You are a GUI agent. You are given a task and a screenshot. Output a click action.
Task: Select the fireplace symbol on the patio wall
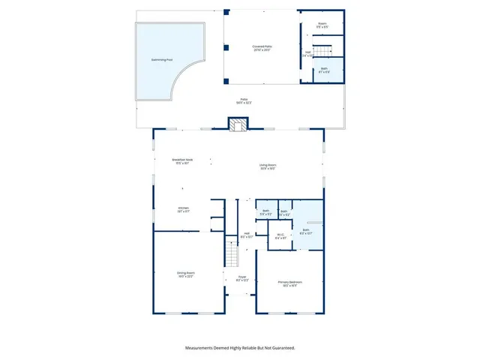tap(238, 126)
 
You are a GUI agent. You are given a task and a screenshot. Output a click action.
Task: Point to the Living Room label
tap(268, 166)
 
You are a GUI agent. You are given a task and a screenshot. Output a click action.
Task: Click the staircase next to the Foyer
tap(232, 255)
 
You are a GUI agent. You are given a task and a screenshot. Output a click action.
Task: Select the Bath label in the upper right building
tap(324, 69)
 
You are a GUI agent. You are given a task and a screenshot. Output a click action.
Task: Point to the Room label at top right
tap(324, 24)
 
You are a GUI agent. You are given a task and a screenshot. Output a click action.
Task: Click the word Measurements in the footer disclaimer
tap(202, 348)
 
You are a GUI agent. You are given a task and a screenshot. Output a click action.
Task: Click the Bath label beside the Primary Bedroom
tap(305, 230)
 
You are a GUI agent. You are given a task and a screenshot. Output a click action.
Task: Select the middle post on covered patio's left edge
tap(225, 48)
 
